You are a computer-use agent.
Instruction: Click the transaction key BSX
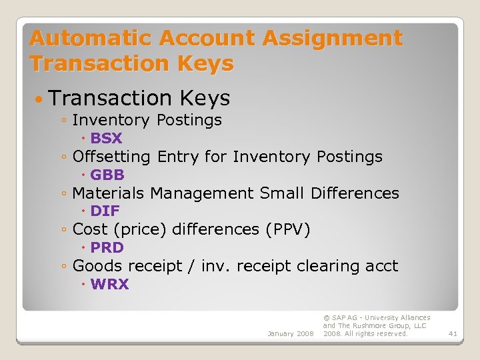(107, 139)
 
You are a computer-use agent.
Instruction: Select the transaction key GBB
(107, 175)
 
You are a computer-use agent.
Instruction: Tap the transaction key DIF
(105, 211)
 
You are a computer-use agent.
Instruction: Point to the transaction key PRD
(107, 248)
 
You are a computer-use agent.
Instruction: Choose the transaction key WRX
(109, 285)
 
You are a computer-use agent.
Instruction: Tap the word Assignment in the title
(333, 38)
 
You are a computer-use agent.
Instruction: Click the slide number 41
(453, 333)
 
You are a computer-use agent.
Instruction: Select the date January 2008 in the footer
(290, 333)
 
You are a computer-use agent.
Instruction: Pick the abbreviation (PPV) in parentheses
(287, 229)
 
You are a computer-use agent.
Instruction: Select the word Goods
(97, 266)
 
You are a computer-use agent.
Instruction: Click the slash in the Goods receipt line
(191, 267)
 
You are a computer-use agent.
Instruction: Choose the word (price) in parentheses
(141, 229)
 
